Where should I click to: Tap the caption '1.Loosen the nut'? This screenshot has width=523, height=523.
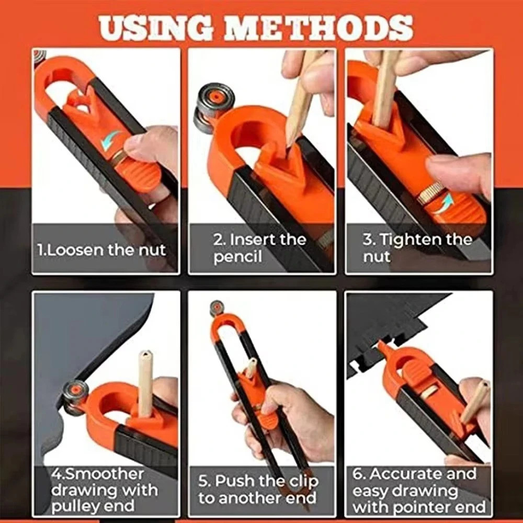[101, 249]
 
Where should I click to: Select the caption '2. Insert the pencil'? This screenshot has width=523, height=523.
[259, 248]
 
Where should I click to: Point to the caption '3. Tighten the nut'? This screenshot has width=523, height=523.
[417, 248]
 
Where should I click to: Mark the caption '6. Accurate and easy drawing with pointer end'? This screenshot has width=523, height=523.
[418, 490]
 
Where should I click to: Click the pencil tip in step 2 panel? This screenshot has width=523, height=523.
[290, 140]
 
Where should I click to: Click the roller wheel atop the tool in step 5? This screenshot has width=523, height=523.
[217, 308]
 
